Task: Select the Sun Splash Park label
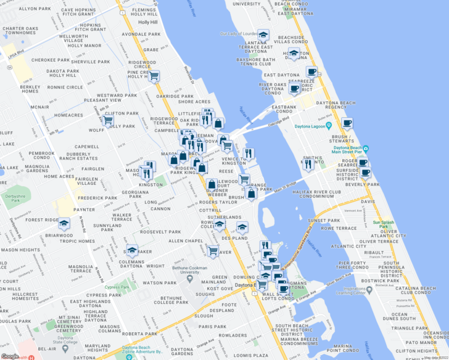383,223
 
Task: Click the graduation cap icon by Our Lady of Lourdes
263,35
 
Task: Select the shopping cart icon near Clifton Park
108,120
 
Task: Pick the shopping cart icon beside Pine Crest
154,76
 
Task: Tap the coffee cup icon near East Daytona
311,72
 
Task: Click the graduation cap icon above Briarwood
64,224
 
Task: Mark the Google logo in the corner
10,356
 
